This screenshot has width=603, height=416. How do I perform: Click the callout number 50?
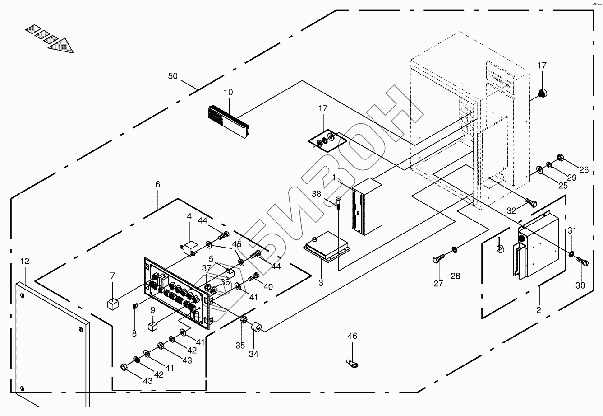pyautogui.click(x=173, y=76)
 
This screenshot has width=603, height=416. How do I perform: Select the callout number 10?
pyautogui.click(x=228, y=92)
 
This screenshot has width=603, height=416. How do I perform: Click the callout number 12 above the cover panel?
pyautogui.click(x=25, y=261)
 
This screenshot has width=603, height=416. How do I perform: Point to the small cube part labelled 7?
pyautogui.click(x=113, y=304)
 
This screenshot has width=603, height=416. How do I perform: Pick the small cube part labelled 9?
pyautogui.click(x=152, y=326)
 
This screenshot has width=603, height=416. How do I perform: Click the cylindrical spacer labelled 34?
pyautogui.click(x=256, y=327)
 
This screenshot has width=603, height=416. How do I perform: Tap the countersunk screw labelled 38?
pyautogui.click(x=338, y=203)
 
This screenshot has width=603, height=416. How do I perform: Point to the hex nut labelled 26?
pyautogui.click(x=560, y=157)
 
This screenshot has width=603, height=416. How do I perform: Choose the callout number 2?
pyautogui.click(x=539, y=310)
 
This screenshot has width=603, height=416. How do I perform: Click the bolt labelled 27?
pyautogui.click(x=439, y=259)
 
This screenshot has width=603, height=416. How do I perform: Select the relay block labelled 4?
pyautogui.click(x=189, y=248)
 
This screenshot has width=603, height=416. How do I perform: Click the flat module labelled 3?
pyautogui.click(x=327, y=247)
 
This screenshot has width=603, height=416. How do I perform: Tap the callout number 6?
pyautogui.click(x=157, y=184)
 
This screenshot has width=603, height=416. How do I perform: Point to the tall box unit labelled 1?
pyautogui.click(x=367, y=206)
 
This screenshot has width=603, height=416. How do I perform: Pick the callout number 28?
pyautogui.click(x=455, y=276)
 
